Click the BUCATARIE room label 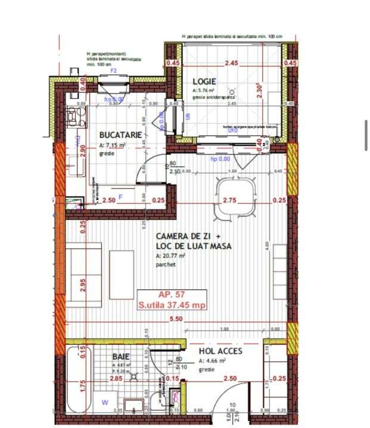point(121,135)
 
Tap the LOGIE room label point(204,82)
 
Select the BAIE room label point(121,356)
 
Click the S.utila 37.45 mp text point(172,306)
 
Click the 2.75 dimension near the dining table point(230,200)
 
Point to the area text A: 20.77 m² point(171,256)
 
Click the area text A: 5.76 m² point(204,91)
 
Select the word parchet point(166,265)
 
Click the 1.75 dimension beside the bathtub point(83,389)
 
